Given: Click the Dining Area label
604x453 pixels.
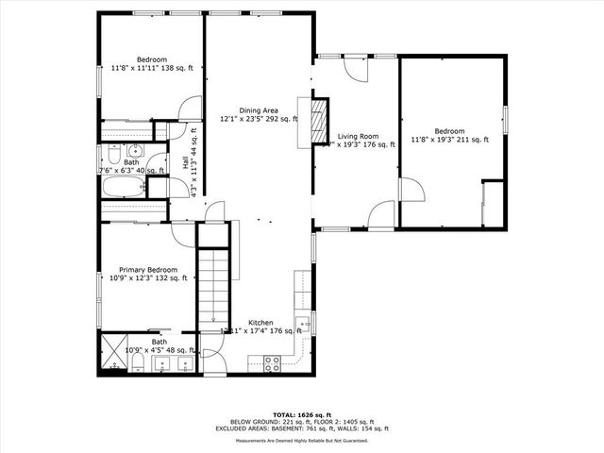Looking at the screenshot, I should pyautogui.click(x=258, y=115).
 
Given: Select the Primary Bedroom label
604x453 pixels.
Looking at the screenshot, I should pyautogui.click(x=147, y=274).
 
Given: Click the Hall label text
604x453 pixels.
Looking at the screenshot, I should pyautogui.click(x=186, y=162).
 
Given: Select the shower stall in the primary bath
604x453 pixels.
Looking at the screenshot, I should pyautogui.click(x=114, y=350).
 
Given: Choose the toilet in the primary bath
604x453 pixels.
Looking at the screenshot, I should pyautogui.click(x=138, y=361).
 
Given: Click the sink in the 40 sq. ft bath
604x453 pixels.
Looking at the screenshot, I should pyautogui.click(x=134, y=150).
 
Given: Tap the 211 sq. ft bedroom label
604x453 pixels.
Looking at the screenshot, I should pyautogui.click(x=449, y=135).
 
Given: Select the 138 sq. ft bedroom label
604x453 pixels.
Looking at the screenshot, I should pyautogui.click(x=151, y=64).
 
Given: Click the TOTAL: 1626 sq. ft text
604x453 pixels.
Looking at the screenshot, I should pyautogui.click(x=301, y=414).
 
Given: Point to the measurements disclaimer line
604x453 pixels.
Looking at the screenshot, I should pyautogui.click(x=301, y=441).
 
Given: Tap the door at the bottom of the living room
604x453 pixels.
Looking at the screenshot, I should pyautogui.click(x=381, y=215).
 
